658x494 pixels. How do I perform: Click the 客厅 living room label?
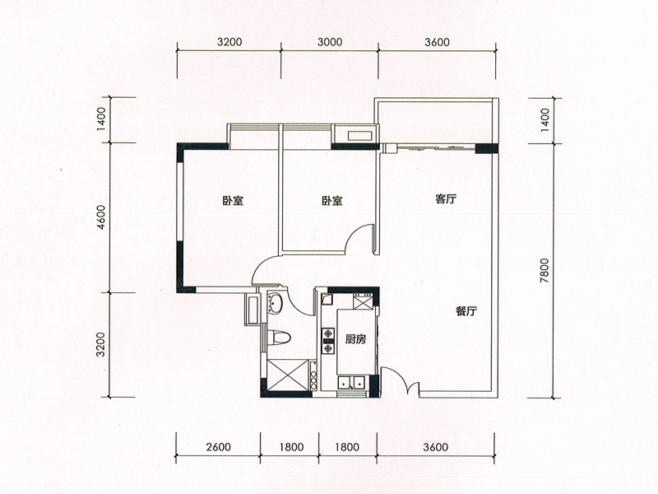coord(446,199)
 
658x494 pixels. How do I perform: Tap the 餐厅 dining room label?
coord(466,311)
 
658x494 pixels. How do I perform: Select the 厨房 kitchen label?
coord(355,339)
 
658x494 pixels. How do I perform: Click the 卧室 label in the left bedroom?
coord(233,201)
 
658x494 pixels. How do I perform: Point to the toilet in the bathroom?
coord(279,337)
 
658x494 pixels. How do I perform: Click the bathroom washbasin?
coord(276,303)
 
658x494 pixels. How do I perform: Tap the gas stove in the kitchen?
coord(327,341)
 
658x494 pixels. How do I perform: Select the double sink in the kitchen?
coord(352,383)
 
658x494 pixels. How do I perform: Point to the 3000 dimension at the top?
coord(330,42)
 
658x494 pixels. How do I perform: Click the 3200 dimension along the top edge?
coord(230,42)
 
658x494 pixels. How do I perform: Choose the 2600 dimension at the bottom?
coord(219,446)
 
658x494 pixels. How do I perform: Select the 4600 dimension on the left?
coord(100,217)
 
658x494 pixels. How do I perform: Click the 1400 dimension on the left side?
coord(100,119)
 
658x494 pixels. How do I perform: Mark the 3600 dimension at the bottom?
coord(436,446)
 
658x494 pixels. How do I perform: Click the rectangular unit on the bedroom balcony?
coord(359,136)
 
